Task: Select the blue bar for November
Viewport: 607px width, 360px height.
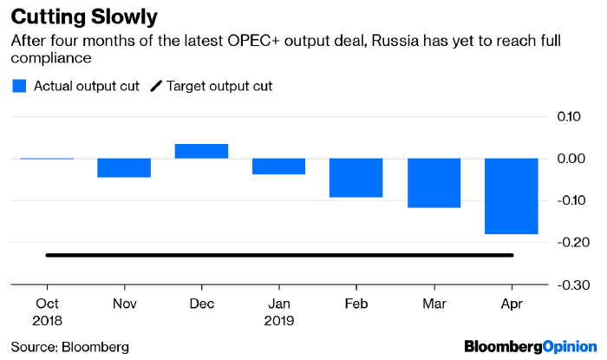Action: click(x=124, y=167)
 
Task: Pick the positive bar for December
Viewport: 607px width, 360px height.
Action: click(x=201, y=151)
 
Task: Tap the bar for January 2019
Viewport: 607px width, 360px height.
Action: click(x=279, y=166)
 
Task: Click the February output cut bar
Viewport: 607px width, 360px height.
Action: click(x=356, y=178)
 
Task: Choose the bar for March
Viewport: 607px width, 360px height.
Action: click(x=434, y=183)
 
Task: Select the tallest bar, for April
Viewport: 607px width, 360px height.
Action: click(x=512, y=196)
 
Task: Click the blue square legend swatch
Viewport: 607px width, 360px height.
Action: click(x=19, y=85)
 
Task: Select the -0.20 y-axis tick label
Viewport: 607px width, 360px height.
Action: click(x=571, y=243)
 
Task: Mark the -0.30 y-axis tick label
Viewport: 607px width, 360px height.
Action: click(x=571, y=285)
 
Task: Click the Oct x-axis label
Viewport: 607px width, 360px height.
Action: click(x=47, y=304)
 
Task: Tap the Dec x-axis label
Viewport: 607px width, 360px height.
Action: click(x=201, y=304)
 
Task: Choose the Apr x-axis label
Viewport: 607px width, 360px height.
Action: click(x=512, y=304)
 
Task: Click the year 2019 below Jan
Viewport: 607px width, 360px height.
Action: click(x=279, y=320)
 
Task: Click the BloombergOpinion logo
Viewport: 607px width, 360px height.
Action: click(x=531, y=347)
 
